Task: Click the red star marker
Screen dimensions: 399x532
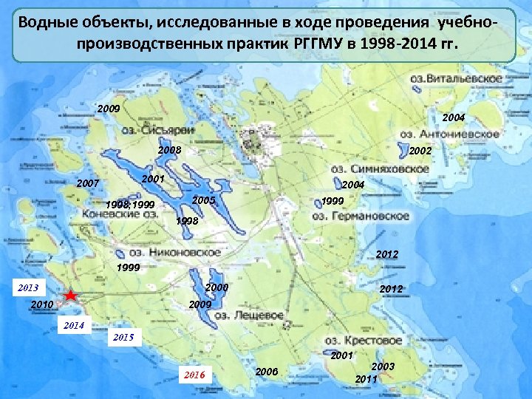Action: pos(69,296)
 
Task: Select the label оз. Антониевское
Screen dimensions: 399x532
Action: pos(449,134)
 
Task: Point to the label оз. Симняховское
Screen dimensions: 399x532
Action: pos(376,168)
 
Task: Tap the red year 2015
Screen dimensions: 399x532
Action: pos(123,338)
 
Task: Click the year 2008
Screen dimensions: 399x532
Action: pos(169,151)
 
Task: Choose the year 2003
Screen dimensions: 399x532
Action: pos(383,367)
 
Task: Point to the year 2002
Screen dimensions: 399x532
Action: pos(420,151)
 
